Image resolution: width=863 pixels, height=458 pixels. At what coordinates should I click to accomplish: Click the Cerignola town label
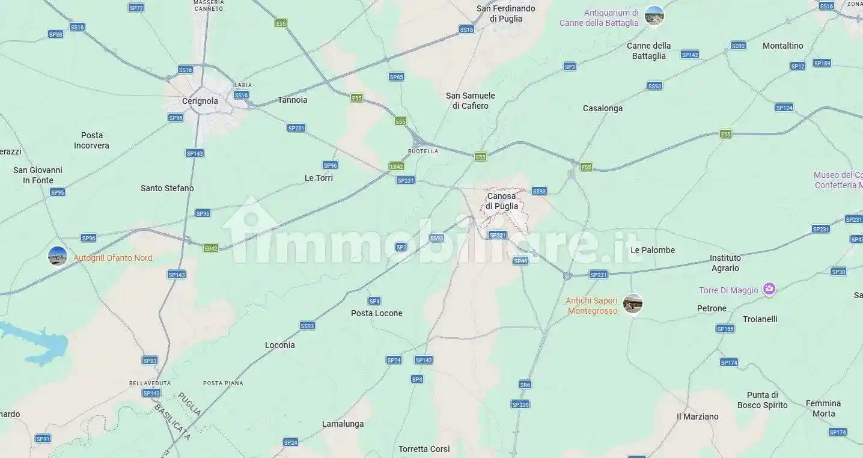(200, 101)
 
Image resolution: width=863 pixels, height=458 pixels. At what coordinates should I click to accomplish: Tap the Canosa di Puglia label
(502, 201)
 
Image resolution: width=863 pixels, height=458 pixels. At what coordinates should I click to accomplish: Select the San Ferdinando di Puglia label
(505, 13)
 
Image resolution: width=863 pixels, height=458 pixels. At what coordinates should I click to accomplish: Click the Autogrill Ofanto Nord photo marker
(58, 256)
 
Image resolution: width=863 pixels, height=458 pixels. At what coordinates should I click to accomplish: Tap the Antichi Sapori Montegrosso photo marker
(632, 304)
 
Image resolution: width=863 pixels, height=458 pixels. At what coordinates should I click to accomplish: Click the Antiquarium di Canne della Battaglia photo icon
(654, 16)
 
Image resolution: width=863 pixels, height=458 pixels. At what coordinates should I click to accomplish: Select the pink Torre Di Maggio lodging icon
(769, 290)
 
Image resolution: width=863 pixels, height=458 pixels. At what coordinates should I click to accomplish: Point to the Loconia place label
(280, 345)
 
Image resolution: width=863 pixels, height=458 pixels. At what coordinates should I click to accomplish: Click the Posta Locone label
(377, 313)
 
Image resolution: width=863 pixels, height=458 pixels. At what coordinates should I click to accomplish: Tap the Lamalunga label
(343, 424)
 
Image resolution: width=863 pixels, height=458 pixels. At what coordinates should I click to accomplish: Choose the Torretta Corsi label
(424, 449)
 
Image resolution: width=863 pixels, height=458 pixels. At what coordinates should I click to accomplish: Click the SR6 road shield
(525, 385)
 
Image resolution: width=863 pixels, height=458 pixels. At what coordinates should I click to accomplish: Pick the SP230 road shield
(520, 405)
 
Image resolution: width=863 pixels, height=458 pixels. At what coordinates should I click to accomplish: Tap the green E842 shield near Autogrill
(211, 248)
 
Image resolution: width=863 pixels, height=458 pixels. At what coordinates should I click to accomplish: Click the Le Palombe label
(653, 250)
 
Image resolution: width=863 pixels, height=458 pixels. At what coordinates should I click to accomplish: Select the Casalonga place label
(603, 109)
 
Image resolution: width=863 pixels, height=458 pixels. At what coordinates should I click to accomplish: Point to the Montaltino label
(782, 46)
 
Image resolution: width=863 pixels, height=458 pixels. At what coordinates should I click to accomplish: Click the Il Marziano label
(697, 417)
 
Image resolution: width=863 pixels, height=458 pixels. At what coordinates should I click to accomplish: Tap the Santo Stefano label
(167, 188)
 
